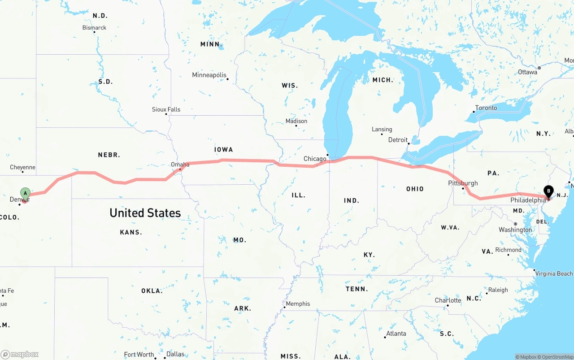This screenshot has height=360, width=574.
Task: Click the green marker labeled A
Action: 26,194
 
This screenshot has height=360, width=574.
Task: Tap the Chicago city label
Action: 315,159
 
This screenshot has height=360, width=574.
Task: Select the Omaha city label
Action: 180,165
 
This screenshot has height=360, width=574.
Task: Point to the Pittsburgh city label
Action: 463,183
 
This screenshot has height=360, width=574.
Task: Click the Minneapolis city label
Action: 209,75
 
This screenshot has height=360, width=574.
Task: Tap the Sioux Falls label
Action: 166,109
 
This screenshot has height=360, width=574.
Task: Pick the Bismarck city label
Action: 94,28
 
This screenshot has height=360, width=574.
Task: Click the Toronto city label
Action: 486,108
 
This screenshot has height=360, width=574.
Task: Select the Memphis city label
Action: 298,304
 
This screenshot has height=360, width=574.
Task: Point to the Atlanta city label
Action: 396,333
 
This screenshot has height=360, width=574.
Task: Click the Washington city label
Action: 515,230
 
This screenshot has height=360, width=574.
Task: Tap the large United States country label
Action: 145,213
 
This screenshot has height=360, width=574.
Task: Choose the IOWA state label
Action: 223,149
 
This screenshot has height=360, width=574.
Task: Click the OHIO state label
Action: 415,189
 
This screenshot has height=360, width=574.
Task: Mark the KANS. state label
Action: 131,232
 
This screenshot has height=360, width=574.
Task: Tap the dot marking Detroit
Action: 409,144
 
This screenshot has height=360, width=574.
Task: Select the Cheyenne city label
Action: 22,167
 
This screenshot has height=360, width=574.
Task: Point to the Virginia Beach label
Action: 554,273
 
